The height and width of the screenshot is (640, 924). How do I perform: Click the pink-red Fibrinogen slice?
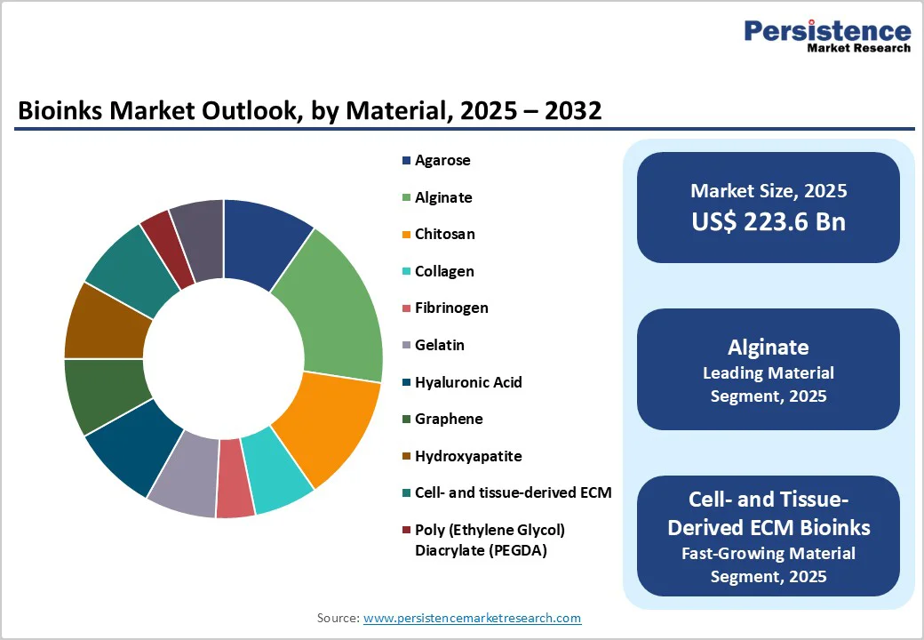[235, 480]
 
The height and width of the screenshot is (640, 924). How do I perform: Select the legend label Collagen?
[444, 271]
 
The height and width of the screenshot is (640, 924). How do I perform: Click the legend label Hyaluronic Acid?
[468, 382]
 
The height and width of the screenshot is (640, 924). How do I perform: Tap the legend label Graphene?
[449, 419]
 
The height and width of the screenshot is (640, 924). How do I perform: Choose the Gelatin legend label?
[440, 345]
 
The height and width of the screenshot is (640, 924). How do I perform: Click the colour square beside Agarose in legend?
[406, 161]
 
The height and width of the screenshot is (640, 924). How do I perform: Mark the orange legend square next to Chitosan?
[406, 235]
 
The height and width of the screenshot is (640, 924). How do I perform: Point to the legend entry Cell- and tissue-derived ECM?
[513, 492]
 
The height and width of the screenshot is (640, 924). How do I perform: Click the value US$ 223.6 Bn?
[769, 222]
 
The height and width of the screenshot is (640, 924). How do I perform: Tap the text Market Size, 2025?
[769, 190]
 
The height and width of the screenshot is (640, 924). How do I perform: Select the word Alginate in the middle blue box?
[769, 347]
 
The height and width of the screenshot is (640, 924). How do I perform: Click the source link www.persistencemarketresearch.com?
[472, 618]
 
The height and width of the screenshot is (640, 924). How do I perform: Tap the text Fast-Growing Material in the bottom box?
[769, 553]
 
